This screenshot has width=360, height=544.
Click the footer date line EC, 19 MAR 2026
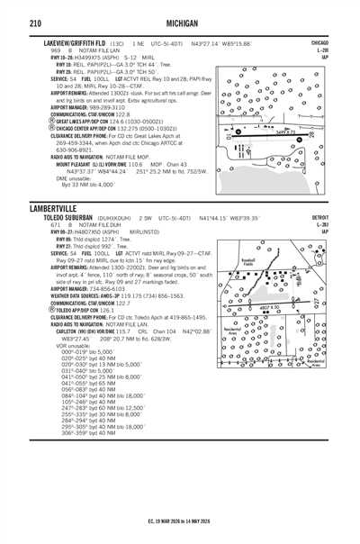point(180,521)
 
